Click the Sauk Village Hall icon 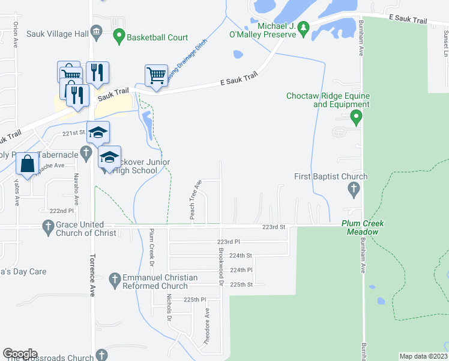[96, 32]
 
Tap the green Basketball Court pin [118, 37]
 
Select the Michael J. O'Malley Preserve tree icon [304, 28]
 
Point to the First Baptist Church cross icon [354, 190]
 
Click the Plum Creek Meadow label [362, 227]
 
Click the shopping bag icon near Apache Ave [28, 164]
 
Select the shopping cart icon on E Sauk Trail [156, 76]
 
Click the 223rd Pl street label [229, 241]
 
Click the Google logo [20, 354]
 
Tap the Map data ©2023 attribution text [423, 356]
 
